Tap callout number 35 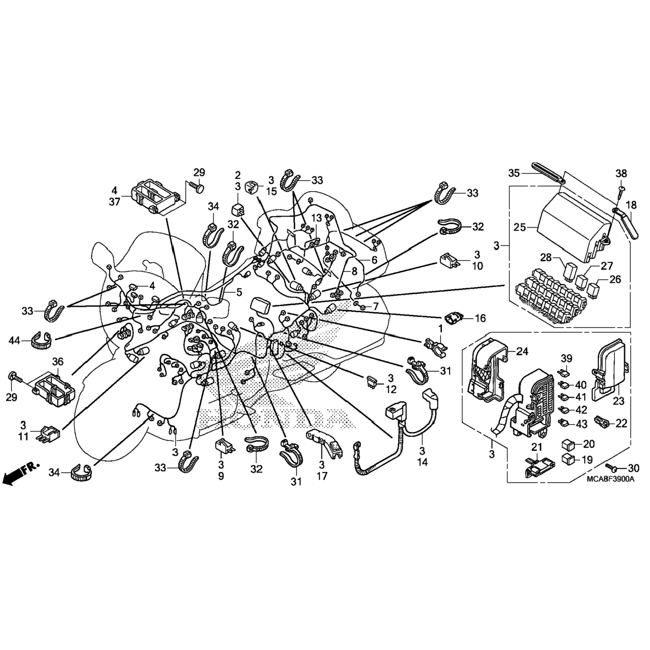tap(514, 174)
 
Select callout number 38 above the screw tap(621, 173)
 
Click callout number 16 tap(480, 318)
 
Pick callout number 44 tap(15, 341)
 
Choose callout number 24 tap(523, 351)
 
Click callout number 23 tap(618, 401)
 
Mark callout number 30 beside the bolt tap(634, 468)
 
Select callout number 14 tap(422, 462)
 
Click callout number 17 tap(322, 476)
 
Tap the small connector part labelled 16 tap(453, 319)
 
